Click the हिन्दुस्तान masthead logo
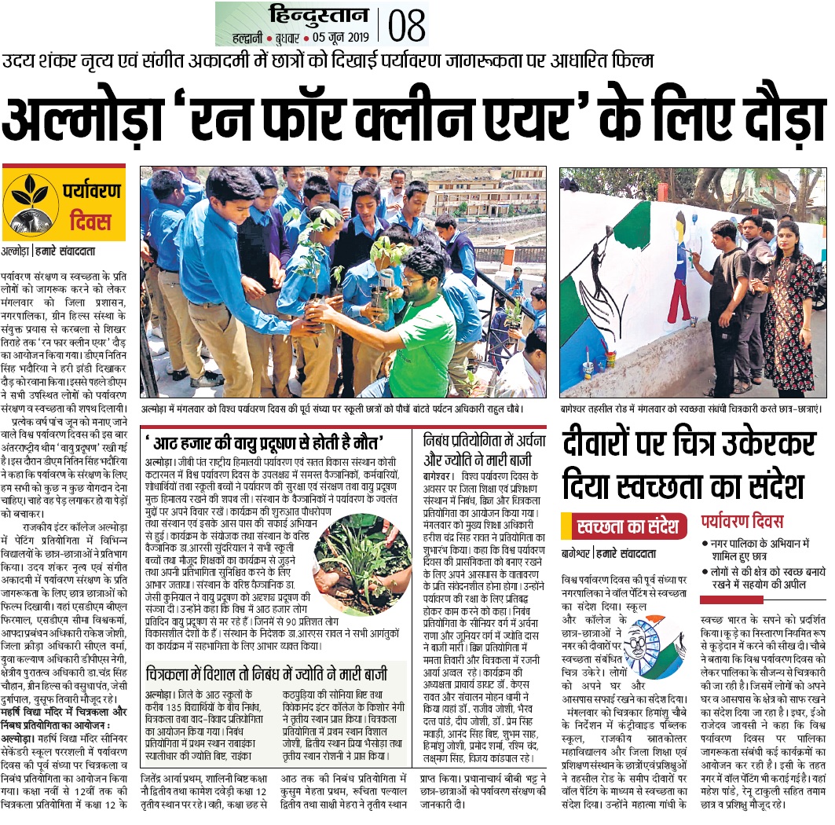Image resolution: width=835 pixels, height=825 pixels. click(x=317, y=15)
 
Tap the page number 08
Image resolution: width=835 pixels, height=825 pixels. click(x=406, y=24)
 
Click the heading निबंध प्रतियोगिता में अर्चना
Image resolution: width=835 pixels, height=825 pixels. click(x=482, y=441)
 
